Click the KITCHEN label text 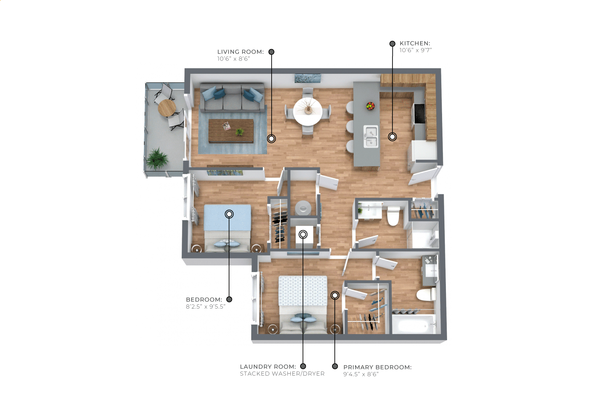pyautogui.click(x=415, y=43)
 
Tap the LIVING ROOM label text pyautogui.click(x=240, y=52)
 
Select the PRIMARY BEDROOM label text pyautogui.click(x=377, y=367)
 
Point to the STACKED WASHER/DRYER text pyautogui.click(x=282, y=374)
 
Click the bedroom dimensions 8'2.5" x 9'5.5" pyautogui.click(x=206, y=306)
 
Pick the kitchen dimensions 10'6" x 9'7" pyautogui.click(x=416, y=50)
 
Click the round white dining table pyautogui.click(x=307, y=112)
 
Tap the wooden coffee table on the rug pyautogui.click(x=231, y=131)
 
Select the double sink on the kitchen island pyautogui.click(x=371, y=137)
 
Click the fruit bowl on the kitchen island pyautogui.click(x=371, y=106)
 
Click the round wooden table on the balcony pyautogui.click(x=167, y=108)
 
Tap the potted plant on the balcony pyautogui.click(x=157, y=159)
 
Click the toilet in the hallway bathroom pyautogui.click(x=393, y=216)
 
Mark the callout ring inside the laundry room pyautogui.click(x=303, y=234)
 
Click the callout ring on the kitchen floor pyautogui.click(x=392, y=137)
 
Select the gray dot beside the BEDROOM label pyautogui.click(x=229, y=299)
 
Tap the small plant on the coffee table pyautogui.click(x=240, y=132)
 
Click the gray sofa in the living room pyautogui.click(x=232, y=98)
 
